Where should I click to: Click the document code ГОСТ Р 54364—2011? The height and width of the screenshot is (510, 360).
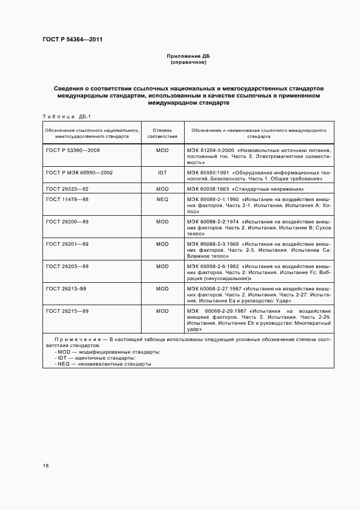pyautogui.click(x=72, y=40)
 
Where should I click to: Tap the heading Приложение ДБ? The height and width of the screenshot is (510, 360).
pyautogui.click(x=188, y=57)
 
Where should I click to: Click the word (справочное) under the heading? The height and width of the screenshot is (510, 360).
pyautogui.click(x=188, y=63)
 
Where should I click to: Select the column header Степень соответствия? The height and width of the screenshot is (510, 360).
pyautogui.click(x=162, y=133)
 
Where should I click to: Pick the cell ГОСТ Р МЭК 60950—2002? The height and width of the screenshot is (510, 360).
pyautogui.click(x=80, y=172)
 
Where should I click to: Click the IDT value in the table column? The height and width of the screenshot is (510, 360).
pyautogui.click(x=162, y=172)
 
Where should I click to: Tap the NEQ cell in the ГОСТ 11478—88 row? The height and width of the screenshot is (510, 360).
pyautogui.click(x=162, y=199)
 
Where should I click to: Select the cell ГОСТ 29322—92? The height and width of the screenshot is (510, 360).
pyautogui.click(x=67, y=189)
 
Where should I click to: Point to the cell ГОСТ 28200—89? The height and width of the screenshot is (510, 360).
pyautogui.click(x=67, y=222)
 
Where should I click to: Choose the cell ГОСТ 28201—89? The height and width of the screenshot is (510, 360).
pyautogui.click(x=67, y=244)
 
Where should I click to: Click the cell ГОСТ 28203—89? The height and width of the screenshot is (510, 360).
pyautogui.click(x=67, y=266)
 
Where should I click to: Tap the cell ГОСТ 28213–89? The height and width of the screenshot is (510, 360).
pyautogui.click(x=67, y=289)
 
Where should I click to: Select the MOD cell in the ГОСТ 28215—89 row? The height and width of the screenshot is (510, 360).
pyautogui.click(x=162, y=311)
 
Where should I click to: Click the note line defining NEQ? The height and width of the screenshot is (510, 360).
pyautogui.click(x=103, y=363)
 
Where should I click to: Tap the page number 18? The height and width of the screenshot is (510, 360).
pyautogui.click(x=46, y=466)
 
